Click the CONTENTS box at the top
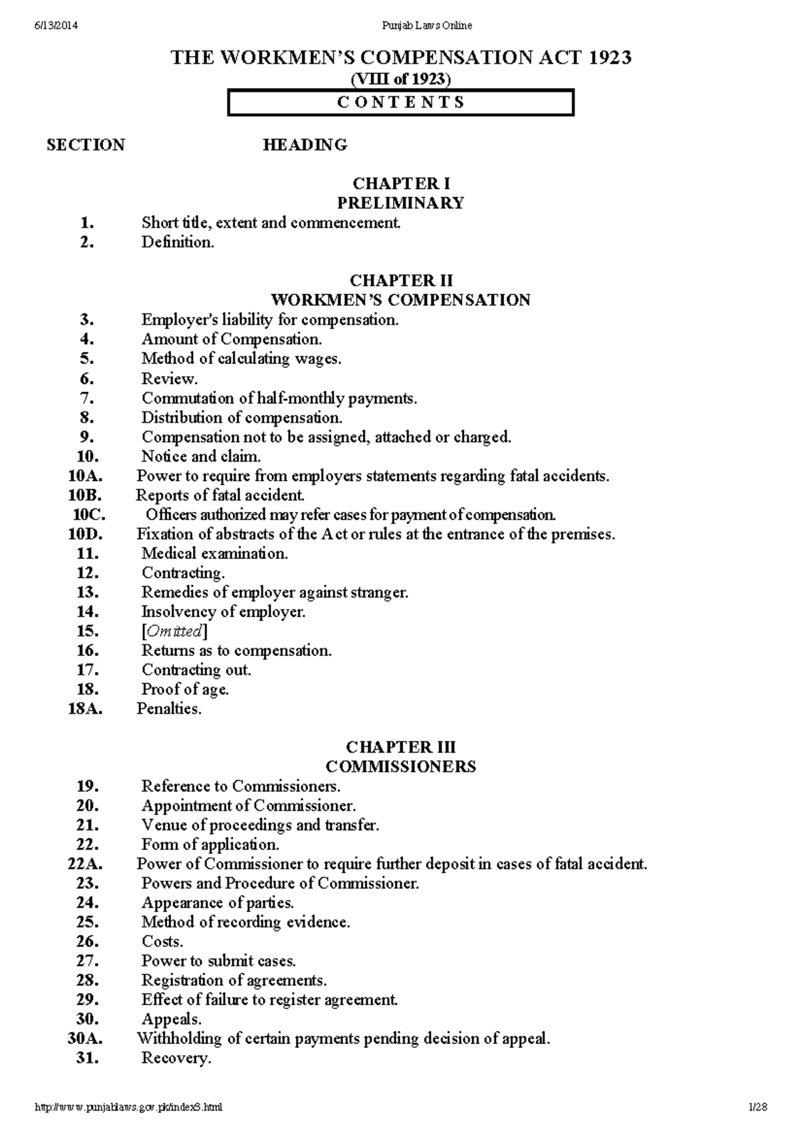pos(400,103)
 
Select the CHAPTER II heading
pos(401,280)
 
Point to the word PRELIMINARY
pos(401,203)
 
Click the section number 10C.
pos(89,515)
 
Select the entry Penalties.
pos(168,709)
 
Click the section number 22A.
pos(85,864)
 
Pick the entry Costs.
pos(162,942)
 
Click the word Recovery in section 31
pos(176,1058)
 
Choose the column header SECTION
pos(86,145)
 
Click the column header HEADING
pos(305,145)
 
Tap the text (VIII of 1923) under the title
pos(401,79)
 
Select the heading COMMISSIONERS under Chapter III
pos(401,767)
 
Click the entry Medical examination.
pos(215,554)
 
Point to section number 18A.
pos(85,709)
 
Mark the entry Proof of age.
pos(184,689)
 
